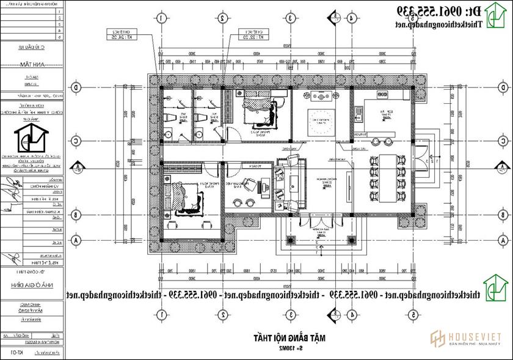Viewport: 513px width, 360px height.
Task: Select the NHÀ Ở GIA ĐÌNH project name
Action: coord(32,284)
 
